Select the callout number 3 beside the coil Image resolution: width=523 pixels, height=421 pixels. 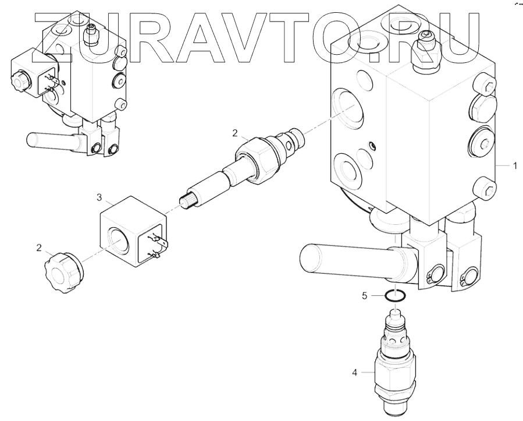[x=99, y=198]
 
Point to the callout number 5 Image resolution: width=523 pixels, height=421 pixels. [x=364, y=296]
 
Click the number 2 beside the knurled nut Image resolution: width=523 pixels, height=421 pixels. [x=38, y=249]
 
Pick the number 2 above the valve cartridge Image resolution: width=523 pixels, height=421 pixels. [x=234, y=133]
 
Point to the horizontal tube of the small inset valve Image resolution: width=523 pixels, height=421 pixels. [x=52, y=140]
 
